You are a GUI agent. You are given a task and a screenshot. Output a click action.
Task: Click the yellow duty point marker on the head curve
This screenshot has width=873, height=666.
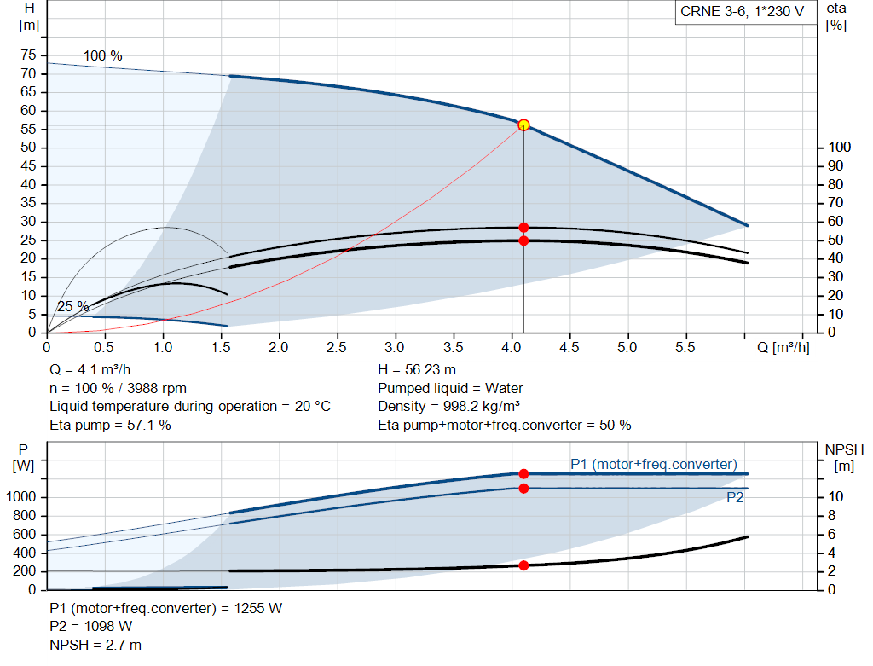(x=523, y=125)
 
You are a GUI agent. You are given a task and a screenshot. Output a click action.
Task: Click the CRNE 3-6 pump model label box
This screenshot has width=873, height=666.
(x=742, y=12)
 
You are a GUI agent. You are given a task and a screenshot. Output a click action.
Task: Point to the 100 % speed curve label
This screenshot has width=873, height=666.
(x=102, y=56)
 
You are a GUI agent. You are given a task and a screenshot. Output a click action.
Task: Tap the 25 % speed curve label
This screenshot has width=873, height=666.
(x=73, y=306)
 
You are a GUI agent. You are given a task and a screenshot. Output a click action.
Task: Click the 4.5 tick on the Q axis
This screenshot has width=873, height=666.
(x=569, y=348)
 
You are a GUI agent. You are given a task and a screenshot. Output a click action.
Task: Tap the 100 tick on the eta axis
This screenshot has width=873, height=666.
(x=839, y=148)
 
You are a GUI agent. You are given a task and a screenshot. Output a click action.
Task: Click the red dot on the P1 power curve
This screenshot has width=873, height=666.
(x=523, y=473)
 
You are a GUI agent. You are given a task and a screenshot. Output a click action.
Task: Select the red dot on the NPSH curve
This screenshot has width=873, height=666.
(x=523, y=565)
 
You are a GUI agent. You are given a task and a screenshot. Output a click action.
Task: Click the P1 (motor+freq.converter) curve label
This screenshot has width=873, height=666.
(x=653, y=464)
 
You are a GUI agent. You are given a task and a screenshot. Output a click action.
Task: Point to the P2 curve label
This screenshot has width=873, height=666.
(x=735, y=498)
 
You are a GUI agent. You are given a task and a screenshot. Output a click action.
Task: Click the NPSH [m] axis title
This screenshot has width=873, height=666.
(x=844, y=458)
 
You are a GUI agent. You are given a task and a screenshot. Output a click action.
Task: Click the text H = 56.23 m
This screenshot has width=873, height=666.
(x=416, y=370)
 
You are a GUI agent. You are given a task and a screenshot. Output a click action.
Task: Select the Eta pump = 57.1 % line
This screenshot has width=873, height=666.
(x=110, y=425)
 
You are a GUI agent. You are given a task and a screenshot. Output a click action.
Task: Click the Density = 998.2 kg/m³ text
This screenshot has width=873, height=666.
(x=448, y=406)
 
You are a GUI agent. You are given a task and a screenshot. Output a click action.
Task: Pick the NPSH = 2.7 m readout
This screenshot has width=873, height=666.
(x=95, y=645)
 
